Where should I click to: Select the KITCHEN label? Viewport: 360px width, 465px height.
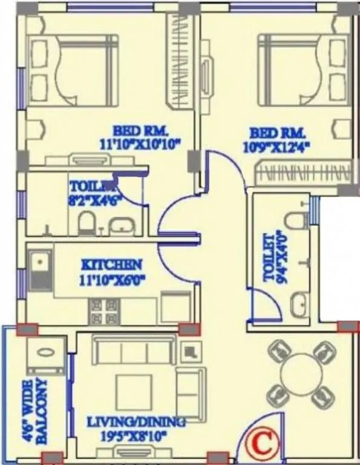coord(112,265)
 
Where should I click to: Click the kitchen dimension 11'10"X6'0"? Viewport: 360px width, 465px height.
coord(112,279)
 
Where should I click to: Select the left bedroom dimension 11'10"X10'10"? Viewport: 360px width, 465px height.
coord(142,143)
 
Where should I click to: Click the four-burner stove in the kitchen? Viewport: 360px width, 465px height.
coord(103,312)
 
